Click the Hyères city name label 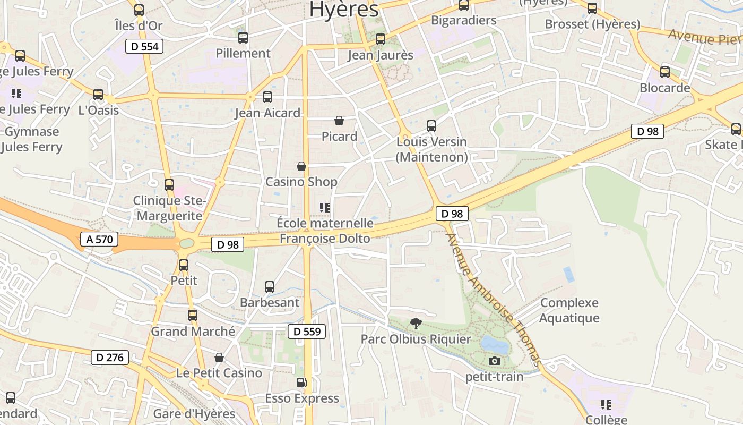click(344, 9)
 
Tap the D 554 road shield click(144, 46)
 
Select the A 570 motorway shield click(99, 239)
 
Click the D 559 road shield click(307, 331)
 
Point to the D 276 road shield click(110, 358)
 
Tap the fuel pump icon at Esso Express click(301, 382)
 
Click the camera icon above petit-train click(495, 361)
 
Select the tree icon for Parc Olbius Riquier click(416, 323)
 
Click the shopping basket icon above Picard click(339, 121)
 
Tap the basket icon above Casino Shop click(301, 166)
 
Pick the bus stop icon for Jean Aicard click(267, 97)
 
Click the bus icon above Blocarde click(665, 72)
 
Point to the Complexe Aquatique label click(569, 310)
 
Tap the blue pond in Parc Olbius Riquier click(495, 344)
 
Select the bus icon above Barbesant click(270, 287)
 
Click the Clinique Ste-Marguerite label click(168, 208)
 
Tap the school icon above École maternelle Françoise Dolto click(325, 208)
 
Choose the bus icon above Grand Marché click(193, 316)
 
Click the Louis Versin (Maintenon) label click(431, 149)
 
